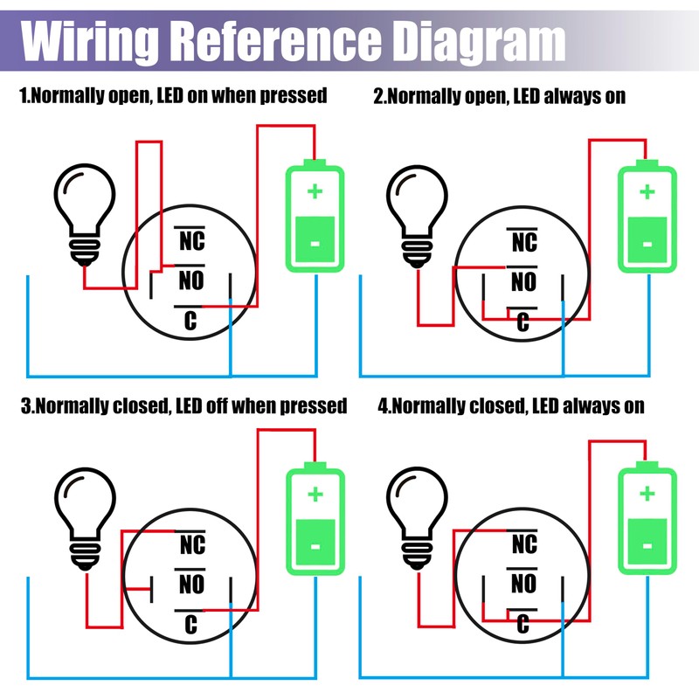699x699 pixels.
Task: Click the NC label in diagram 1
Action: click(x=191, y=241)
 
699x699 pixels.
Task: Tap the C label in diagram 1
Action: click(x=190, y=322)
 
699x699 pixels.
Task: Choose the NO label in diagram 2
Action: click(x=523, y=281)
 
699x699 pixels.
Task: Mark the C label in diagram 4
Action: click(x=523, y=624)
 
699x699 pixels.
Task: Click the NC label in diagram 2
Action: click(x=523, y=241)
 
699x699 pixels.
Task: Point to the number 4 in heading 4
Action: click(x=383, y=405)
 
